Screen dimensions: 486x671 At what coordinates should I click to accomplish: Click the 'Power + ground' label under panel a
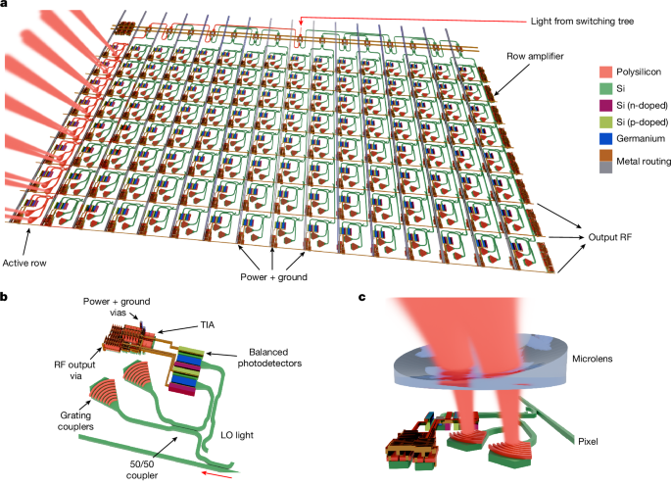click(273, 277)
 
